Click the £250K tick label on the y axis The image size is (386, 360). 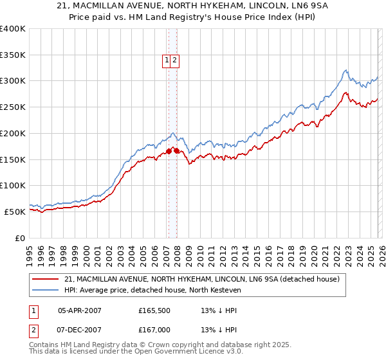click(x=13, y=107)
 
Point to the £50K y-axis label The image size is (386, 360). click(x=15, y=212)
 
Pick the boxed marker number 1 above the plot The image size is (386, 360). click(x=167, y=60)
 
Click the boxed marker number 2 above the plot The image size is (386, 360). click(x=174, y=60)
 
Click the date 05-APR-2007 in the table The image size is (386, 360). click(x=80, y=310)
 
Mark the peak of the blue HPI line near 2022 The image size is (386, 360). click(x=345, y=70)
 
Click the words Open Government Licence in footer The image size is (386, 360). click(x=178, y=352)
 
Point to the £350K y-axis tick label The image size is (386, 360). click(x=13, y=55)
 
